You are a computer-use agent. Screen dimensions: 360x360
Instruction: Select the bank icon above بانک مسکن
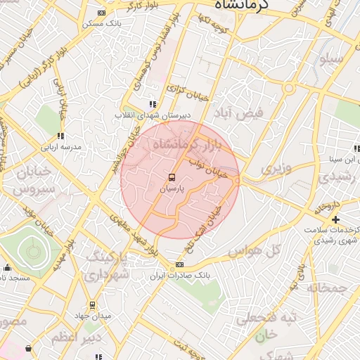click(102, 13)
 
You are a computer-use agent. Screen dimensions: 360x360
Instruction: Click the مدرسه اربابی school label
click(60, 147)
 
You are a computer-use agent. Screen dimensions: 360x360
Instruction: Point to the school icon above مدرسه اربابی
click(60, 136)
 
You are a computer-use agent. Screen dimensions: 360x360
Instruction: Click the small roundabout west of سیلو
click(288, 88)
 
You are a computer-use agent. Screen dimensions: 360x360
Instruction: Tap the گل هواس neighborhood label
click(254, 250)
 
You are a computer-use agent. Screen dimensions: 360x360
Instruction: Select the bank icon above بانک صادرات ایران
click(179, 266)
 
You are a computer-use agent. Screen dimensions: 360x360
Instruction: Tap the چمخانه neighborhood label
click(326, 288)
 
